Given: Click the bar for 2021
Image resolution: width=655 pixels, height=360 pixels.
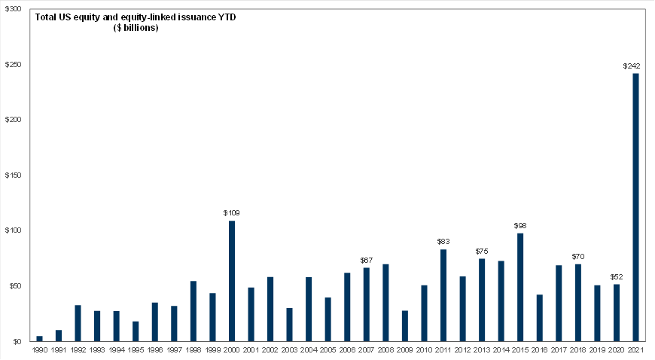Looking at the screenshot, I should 635,207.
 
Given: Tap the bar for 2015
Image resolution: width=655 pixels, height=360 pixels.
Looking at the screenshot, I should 520,287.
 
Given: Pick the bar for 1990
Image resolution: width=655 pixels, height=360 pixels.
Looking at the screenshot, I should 39,338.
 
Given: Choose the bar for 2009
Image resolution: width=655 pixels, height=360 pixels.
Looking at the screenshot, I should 405,325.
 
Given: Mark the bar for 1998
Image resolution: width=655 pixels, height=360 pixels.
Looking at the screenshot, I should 193,311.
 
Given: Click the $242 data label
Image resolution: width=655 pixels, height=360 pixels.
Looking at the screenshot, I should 632,66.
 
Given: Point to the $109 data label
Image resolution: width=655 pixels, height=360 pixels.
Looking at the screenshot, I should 231,213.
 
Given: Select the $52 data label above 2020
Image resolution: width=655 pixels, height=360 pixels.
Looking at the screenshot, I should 616,276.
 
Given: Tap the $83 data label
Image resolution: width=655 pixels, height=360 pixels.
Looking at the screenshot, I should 443,242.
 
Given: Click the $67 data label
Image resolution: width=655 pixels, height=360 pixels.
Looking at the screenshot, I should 367,260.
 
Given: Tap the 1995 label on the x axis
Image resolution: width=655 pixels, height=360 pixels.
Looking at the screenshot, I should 136,351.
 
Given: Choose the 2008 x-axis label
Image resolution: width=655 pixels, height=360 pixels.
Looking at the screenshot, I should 385,351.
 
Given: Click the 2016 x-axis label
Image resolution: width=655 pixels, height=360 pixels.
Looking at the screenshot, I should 539,351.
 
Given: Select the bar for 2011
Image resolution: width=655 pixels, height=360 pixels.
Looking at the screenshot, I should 443,295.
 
